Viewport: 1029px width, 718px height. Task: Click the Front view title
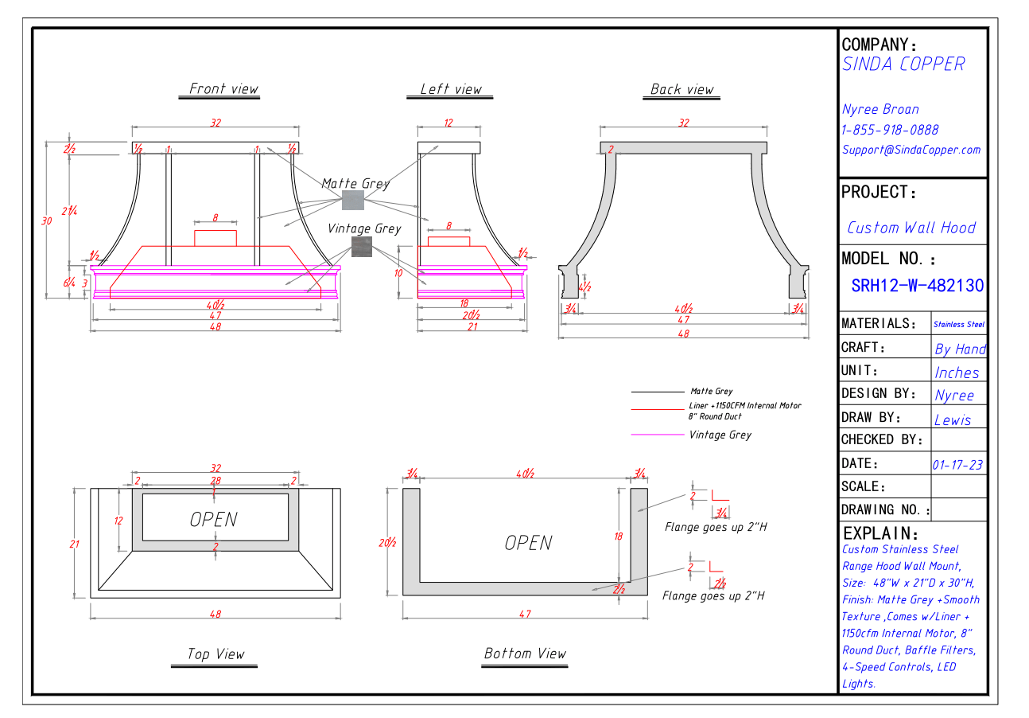click(x=223, y=89)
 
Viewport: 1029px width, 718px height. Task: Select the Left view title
click(x=451, y=89)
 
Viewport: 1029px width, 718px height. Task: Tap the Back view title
click(x=681, y=89)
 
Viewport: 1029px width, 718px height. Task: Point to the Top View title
click(x=216, y=654)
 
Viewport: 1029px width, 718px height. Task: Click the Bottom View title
click(x=525, y=654)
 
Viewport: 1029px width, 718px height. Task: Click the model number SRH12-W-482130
click(x=917, y=286)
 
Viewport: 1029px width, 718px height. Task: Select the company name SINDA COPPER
click(x=903, y=64)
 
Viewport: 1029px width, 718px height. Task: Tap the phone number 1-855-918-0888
click(x=890, y=130)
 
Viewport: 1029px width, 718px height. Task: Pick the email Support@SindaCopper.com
click(x=911, y=150)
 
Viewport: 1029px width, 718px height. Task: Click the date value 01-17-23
click(x=958, y=464)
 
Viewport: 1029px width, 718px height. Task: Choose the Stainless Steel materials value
click(x=959, y=324)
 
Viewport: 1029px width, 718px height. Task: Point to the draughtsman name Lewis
click(x=953, y=419)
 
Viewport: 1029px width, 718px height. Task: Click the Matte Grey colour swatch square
click(x=352, y=200)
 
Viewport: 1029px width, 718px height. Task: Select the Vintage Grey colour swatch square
click(x=362, y=246)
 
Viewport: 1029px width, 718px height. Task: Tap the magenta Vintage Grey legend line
click(x=658, y=435)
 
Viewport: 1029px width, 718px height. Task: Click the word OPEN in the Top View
click(x=213, y=520)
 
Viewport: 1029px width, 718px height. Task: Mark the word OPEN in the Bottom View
click(x=528, y=543)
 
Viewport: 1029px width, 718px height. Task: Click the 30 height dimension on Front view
click(x=47, y=221)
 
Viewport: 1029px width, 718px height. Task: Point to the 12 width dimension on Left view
click(x=448, y=123)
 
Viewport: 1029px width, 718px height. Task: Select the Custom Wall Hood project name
click(x=911, y=228)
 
